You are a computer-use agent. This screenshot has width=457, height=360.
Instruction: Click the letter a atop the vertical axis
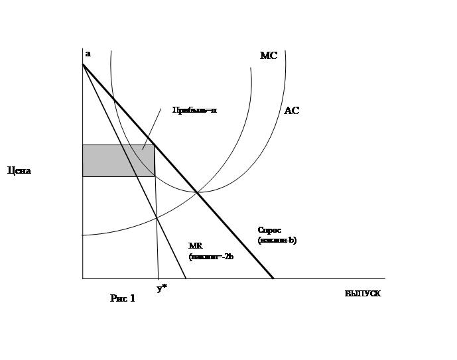pos(88,54)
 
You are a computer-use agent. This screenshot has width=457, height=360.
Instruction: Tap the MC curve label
pos(268,56)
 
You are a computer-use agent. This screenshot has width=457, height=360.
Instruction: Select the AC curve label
pos(291,111)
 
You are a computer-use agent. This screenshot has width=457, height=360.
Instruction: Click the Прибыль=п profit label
pos(191,111)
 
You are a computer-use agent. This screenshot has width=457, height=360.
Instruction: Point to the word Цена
pos(19,170)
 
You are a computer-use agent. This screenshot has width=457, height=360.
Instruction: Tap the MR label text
pos(195,245)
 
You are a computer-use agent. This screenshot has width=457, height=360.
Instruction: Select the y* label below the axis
pos(161,288)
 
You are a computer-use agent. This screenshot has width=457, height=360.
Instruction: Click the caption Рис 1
pos(123,298)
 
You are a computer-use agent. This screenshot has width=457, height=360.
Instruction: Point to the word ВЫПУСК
pos(363,293)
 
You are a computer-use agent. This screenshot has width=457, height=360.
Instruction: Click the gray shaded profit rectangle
pos(117,160)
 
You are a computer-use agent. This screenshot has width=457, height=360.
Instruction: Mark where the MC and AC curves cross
pos(198,192)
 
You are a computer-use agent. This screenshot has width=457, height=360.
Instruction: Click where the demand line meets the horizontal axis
pos(273,278)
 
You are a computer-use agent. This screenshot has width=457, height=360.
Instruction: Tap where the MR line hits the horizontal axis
pos(185,278)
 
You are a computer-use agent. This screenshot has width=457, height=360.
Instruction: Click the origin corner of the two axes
pos(82,278)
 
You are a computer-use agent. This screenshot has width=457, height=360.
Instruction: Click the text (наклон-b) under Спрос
pos(278,241)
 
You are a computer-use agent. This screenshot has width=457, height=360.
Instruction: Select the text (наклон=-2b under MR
pos(211,256)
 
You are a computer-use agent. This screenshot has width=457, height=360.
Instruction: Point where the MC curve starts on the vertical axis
pos(83,235)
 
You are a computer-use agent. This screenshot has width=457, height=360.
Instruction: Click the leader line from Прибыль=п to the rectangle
pos(152,129)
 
